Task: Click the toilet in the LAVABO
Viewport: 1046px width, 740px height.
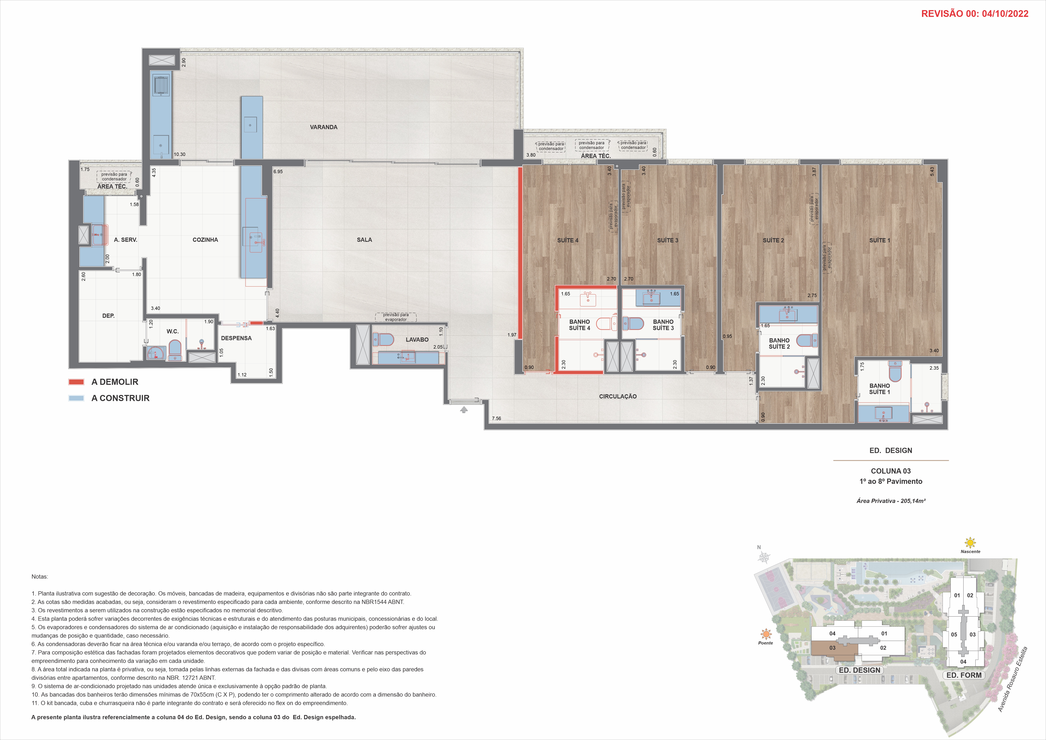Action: click(384, 339)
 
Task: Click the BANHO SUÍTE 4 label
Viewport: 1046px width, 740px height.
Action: click(579, 325)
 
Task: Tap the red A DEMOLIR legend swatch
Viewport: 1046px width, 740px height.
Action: click(76, 382)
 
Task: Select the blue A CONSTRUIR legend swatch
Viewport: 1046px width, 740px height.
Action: click(76, 398)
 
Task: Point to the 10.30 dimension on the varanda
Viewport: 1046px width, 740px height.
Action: click(179, 154)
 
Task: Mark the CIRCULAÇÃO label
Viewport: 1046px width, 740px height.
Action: click(618, 396)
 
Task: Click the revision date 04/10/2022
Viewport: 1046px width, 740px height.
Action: click(1005, 14)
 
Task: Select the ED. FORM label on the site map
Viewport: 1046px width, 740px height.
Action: click(964, 675)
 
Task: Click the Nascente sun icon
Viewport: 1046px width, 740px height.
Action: click(970, 543)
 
